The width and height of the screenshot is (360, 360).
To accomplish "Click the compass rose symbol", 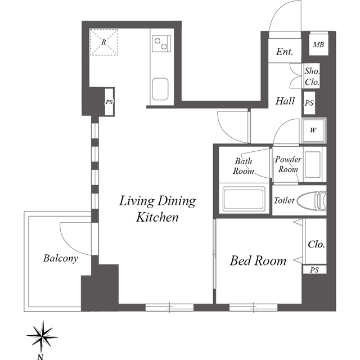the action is (42, 337).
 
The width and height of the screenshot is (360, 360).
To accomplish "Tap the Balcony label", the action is (61, 258).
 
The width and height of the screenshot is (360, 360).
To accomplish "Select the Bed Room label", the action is (258, 261).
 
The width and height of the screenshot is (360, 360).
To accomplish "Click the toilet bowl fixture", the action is (312, 200).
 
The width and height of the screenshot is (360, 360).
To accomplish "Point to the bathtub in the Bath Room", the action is (244, 199).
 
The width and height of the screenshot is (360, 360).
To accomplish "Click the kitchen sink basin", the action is (160, 89).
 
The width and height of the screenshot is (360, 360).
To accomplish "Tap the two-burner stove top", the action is (161, 44).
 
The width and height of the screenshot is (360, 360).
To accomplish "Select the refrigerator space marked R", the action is (103, 42).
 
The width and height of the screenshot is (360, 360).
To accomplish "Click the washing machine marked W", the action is (314, 130).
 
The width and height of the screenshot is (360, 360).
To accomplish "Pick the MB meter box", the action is (319, 44).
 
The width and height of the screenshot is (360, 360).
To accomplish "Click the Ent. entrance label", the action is (285, 52).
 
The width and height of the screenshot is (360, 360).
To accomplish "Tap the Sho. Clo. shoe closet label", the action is (312, 76).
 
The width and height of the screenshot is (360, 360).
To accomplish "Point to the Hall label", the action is (285, 101).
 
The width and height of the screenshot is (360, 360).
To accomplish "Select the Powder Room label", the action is (288, 164).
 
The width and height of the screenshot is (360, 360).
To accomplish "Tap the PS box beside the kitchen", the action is (109, 102).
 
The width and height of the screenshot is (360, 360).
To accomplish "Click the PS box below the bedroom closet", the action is (315, 270).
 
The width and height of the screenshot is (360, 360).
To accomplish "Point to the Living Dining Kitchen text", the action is (157, 209).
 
